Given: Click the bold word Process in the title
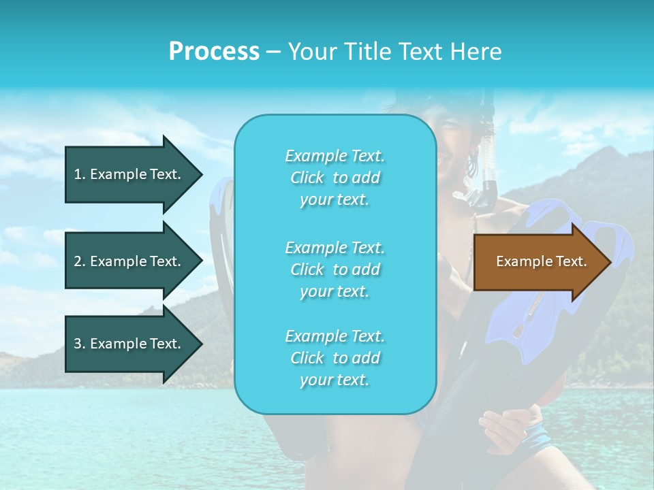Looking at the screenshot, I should (214, 51).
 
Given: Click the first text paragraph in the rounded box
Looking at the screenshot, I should (334, 178).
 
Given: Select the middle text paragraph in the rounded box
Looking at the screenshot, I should (334, 269).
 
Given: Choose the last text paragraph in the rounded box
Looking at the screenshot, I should (334, 358).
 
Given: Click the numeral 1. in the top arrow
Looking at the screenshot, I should (80, 174).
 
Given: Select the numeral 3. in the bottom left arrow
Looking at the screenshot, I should (80, 344).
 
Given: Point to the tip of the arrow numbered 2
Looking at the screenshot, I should (201, 261).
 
